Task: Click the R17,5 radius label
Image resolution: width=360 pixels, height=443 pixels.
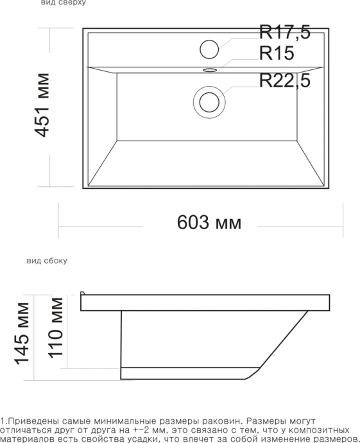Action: (284, 33)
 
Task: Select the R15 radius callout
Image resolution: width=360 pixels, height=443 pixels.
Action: (277, 53)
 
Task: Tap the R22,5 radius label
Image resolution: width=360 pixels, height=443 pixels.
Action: (285, 81)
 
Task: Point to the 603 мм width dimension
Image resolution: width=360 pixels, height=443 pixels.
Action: (209, 223)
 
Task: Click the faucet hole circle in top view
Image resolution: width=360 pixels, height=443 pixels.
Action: (210, 48)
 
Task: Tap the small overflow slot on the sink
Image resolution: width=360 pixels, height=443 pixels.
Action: (210, 69)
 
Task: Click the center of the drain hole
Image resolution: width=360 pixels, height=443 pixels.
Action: (209, 101)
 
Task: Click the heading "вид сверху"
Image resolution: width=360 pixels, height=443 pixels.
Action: (62, 3)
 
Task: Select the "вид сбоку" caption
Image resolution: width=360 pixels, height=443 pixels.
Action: (47, 262)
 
